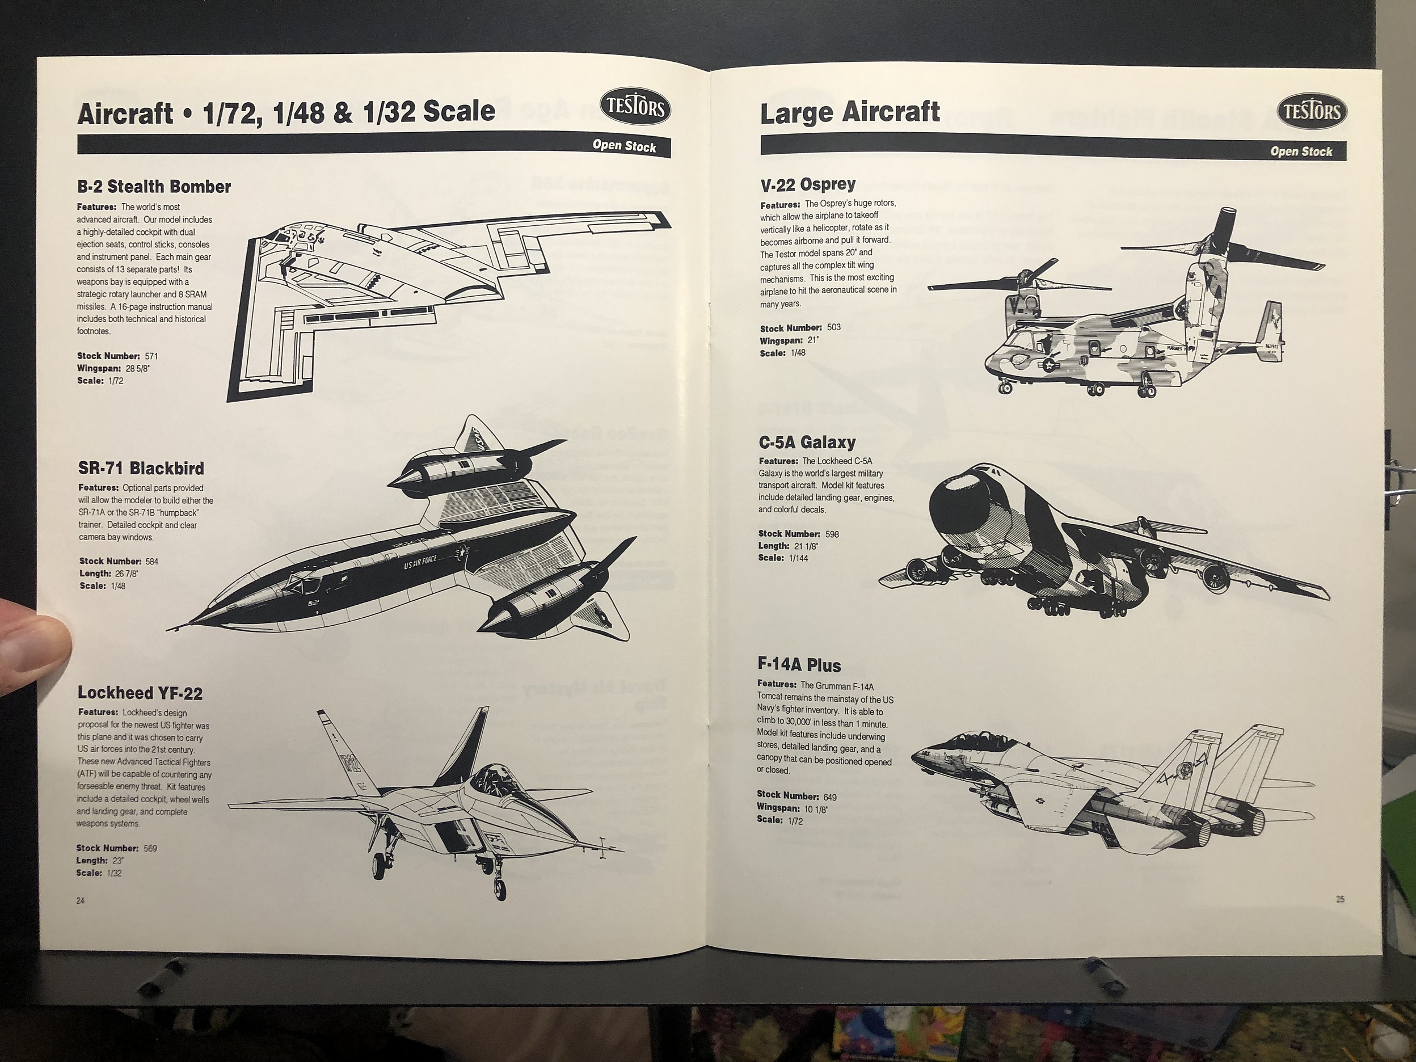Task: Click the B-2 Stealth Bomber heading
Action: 154,187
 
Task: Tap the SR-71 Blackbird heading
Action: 141,469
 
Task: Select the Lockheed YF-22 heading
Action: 140,693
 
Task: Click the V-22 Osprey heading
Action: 808,184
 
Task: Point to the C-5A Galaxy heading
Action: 807,442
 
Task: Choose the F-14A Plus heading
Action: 799,666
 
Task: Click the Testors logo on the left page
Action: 635,108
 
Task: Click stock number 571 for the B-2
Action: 151,356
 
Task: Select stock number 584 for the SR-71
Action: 151,562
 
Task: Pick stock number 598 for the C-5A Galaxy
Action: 832,534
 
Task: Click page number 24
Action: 80,901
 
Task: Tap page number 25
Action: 1340,899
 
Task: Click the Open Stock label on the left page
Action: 624,146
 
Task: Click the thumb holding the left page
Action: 32,647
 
